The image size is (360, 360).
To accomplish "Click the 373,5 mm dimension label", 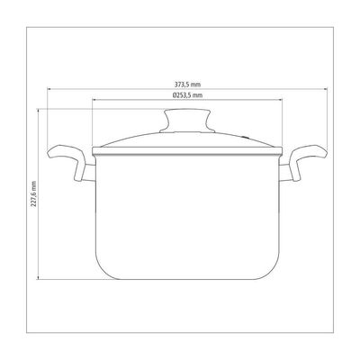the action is click(x=187, y=85).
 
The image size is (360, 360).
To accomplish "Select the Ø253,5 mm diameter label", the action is click(x=187, y=95).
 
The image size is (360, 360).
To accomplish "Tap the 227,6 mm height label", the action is click(x=33, y=193).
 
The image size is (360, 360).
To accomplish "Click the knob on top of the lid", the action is click(x=187, y=121).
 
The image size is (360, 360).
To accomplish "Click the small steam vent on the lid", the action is click(x=246, y=138).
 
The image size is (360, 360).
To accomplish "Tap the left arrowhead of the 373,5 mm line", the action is click(x=49, y=89).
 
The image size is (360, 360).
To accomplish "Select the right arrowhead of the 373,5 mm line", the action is click(x=326, y=89).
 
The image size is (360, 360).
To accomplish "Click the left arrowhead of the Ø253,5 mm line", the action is click(x=94, y=100).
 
